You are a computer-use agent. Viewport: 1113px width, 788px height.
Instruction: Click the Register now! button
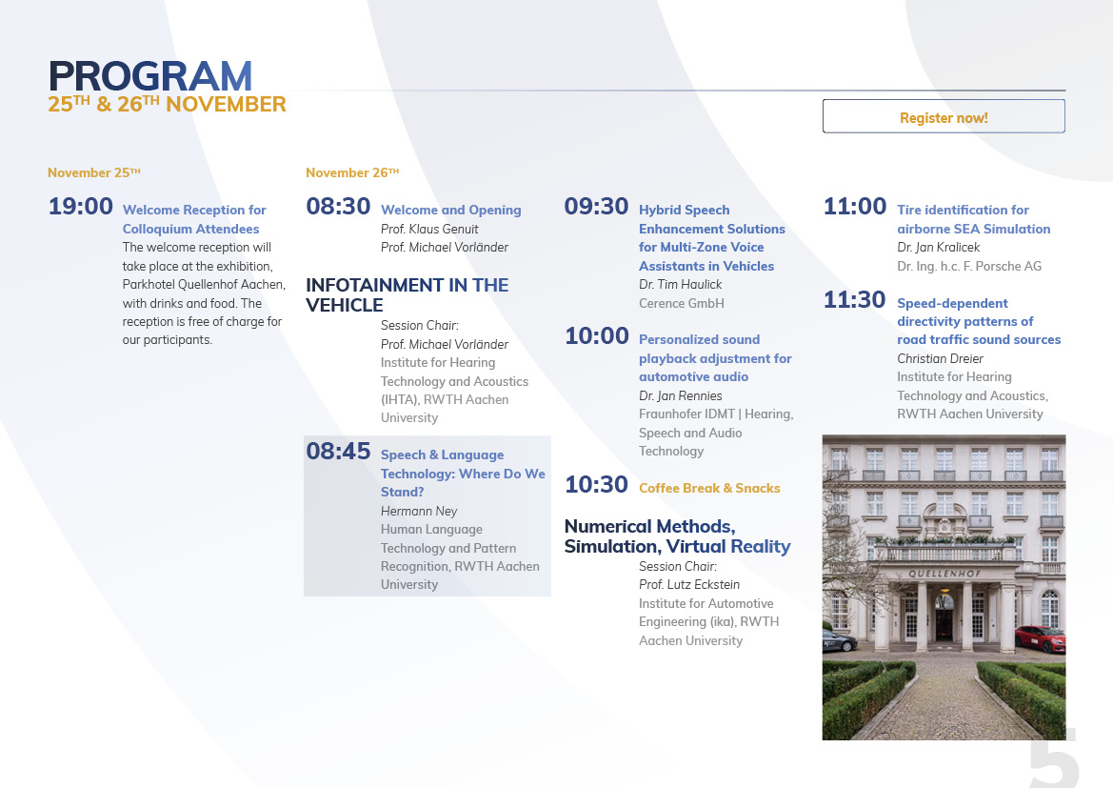pos(944,116)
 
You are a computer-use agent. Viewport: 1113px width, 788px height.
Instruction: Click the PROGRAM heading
pos(150,76)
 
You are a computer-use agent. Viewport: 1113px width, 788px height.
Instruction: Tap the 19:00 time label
pos(80,206)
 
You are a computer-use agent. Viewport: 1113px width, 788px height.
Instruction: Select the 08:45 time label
pos(338,452)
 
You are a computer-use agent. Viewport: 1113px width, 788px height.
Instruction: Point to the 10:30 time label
pos(596,485)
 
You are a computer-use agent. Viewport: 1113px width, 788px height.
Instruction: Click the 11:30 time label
pos(854,300)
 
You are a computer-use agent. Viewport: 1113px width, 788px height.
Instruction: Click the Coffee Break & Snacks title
pos(709,488)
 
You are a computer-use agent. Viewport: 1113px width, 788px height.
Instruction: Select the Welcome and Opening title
pos(450,211)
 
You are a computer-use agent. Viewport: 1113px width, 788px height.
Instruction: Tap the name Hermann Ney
pos(419,511)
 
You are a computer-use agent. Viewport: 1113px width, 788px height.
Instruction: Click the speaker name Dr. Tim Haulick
pos(680,284)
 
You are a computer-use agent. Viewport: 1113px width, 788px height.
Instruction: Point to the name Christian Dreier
pos(940,359)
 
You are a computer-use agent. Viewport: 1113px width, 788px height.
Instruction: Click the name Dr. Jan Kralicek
pos(938,248)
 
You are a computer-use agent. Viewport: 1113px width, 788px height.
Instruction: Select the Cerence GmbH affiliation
pos(682,303)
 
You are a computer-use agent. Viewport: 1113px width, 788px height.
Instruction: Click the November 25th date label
pos(93,172)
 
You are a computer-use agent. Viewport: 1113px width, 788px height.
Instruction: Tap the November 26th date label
pos(352,172)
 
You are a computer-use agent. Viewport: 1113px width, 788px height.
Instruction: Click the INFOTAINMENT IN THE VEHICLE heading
pos(407,294)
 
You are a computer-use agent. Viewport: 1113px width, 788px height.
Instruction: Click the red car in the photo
pos(1041,638)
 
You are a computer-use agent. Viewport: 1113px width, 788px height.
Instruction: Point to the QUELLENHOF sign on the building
pos(944,574)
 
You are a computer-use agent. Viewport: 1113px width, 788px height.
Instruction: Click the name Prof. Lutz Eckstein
pos(688,585)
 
